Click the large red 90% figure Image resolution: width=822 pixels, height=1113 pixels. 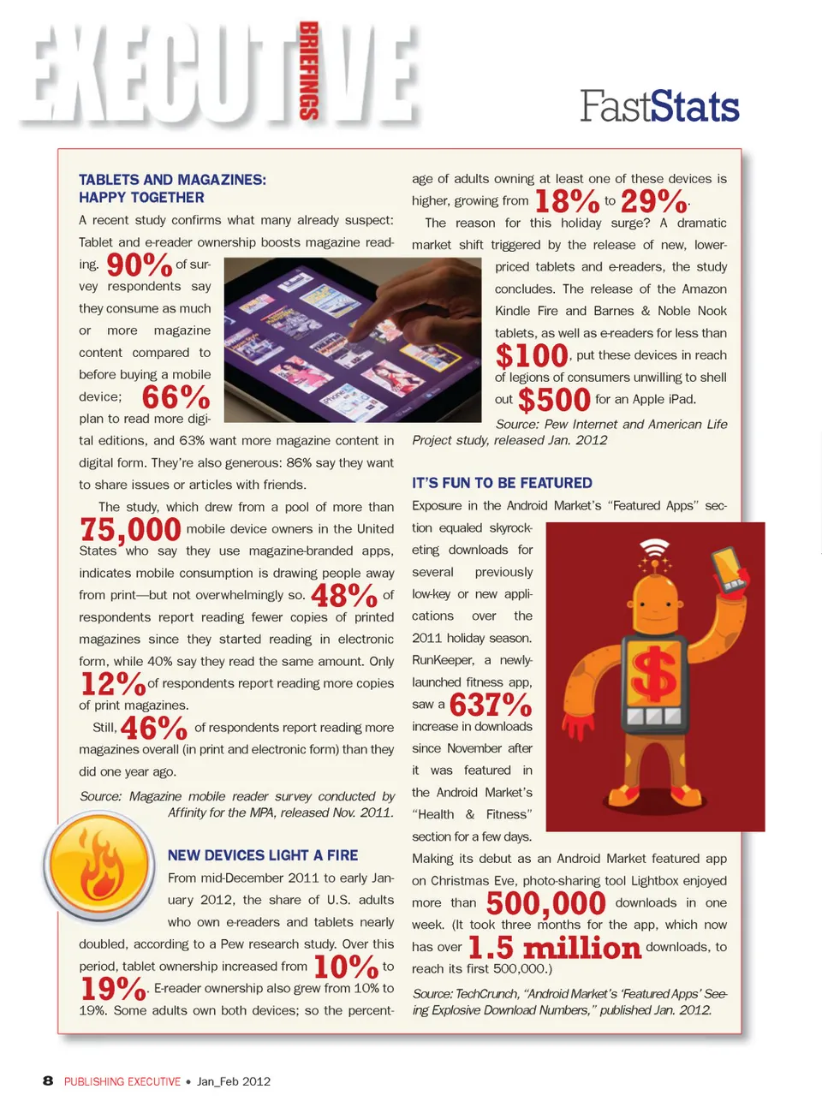tap(139, 265)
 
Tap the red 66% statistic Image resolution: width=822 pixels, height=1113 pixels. tap(176, 397)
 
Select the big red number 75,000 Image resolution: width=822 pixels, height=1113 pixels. tap(130, 530)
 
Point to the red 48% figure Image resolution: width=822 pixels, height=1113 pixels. tap(343, 595)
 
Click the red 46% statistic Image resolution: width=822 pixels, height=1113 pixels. tap(153, 728)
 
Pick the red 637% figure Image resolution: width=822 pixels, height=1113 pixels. tap(491, 705)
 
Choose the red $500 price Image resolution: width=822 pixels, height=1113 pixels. tap(554, 400)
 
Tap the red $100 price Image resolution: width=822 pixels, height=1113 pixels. tap(532, 355)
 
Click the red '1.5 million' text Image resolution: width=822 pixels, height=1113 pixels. tap(554, 948)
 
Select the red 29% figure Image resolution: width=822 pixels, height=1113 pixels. tap(653, 202)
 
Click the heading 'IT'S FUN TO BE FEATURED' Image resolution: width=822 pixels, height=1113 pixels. tap(502, 483)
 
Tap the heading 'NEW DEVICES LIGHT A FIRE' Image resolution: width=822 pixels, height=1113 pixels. tap(263, 855)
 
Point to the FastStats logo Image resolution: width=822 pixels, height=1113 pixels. tap(659, 107)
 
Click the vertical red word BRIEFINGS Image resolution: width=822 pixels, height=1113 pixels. tap(308, 70)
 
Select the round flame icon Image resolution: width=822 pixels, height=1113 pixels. tap(100, 866)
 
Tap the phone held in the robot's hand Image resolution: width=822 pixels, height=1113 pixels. tap(728, 568)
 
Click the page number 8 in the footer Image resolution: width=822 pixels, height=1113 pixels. tap(48, 1081)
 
